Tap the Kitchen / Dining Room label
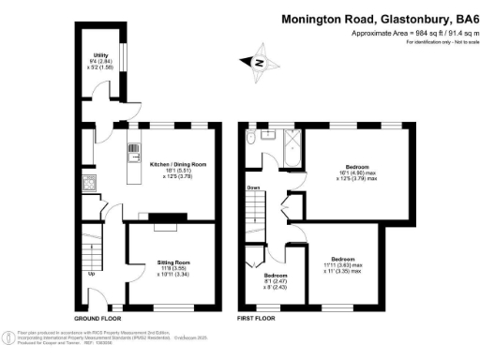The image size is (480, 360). point(178,164)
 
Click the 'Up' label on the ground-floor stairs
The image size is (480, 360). point(91,274)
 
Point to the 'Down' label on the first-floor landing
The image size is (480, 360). point(253,187)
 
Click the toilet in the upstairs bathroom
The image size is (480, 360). point(251,140)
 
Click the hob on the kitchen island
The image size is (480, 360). point(132,147)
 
